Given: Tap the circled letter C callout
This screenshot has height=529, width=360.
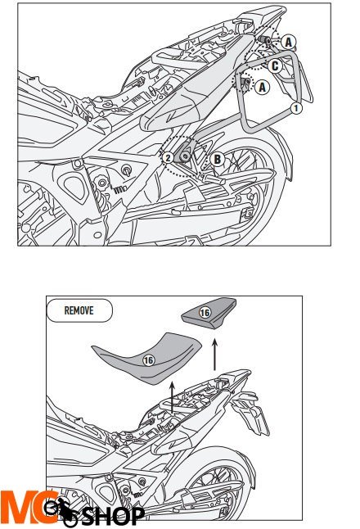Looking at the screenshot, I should coord(276,65).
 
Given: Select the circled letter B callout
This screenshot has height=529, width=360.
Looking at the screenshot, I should coord(216,159).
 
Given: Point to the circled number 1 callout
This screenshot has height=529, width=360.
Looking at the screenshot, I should coord(298,106).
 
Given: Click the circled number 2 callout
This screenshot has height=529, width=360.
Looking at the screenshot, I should coord(168,157).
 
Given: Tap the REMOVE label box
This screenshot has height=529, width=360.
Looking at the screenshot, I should coord(80,311).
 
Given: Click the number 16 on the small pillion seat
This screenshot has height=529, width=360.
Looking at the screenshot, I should coord(204,314).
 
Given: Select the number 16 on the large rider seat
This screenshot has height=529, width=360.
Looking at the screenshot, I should coord(149,358).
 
